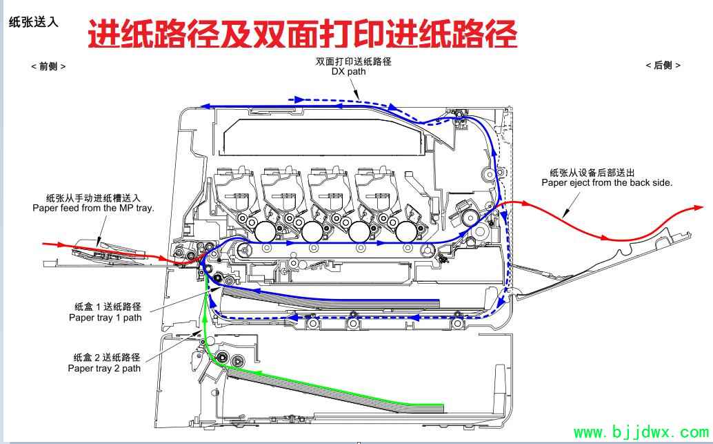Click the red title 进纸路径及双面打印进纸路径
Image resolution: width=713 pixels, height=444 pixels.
click(303, 33)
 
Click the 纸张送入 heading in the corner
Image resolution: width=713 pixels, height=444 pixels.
click(34, 22)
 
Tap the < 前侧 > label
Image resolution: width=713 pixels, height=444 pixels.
click(48, 66)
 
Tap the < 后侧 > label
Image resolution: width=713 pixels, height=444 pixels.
click(663, 66)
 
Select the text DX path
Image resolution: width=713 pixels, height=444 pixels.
click(348, 72)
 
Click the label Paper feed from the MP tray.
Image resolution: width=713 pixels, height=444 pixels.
click(93, 208)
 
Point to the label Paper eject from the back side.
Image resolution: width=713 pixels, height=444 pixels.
click(607, 182)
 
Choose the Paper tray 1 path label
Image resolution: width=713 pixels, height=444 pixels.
click(105, 318)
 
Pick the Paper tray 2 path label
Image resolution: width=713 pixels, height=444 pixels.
click(104, 368)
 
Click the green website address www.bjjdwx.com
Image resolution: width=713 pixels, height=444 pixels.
click(641, 432)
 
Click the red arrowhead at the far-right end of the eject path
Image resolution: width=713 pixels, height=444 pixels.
click(699, 208)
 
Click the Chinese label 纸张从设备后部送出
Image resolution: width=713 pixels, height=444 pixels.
click(592, 173)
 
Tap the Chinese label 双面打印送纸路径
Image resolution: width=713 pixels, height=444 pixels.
click(353, 61)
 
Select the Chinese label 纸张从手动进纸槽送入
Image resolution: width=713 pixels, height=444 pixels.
click(93, 198)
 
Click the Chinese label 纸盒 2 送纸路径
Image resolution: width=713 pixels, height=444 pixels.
click(107, 358)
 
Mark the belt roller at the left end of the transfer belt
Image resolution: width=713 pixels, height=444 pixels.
click(245, 249)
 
